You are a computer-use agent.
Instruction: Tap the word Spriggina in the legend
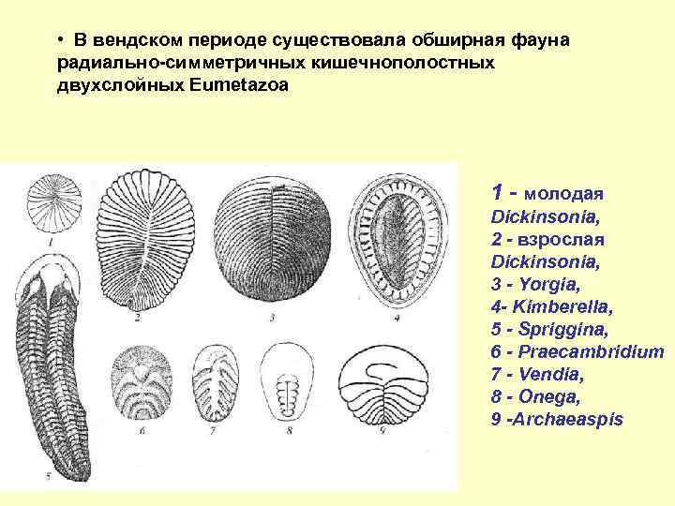(x=547, y=329)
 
